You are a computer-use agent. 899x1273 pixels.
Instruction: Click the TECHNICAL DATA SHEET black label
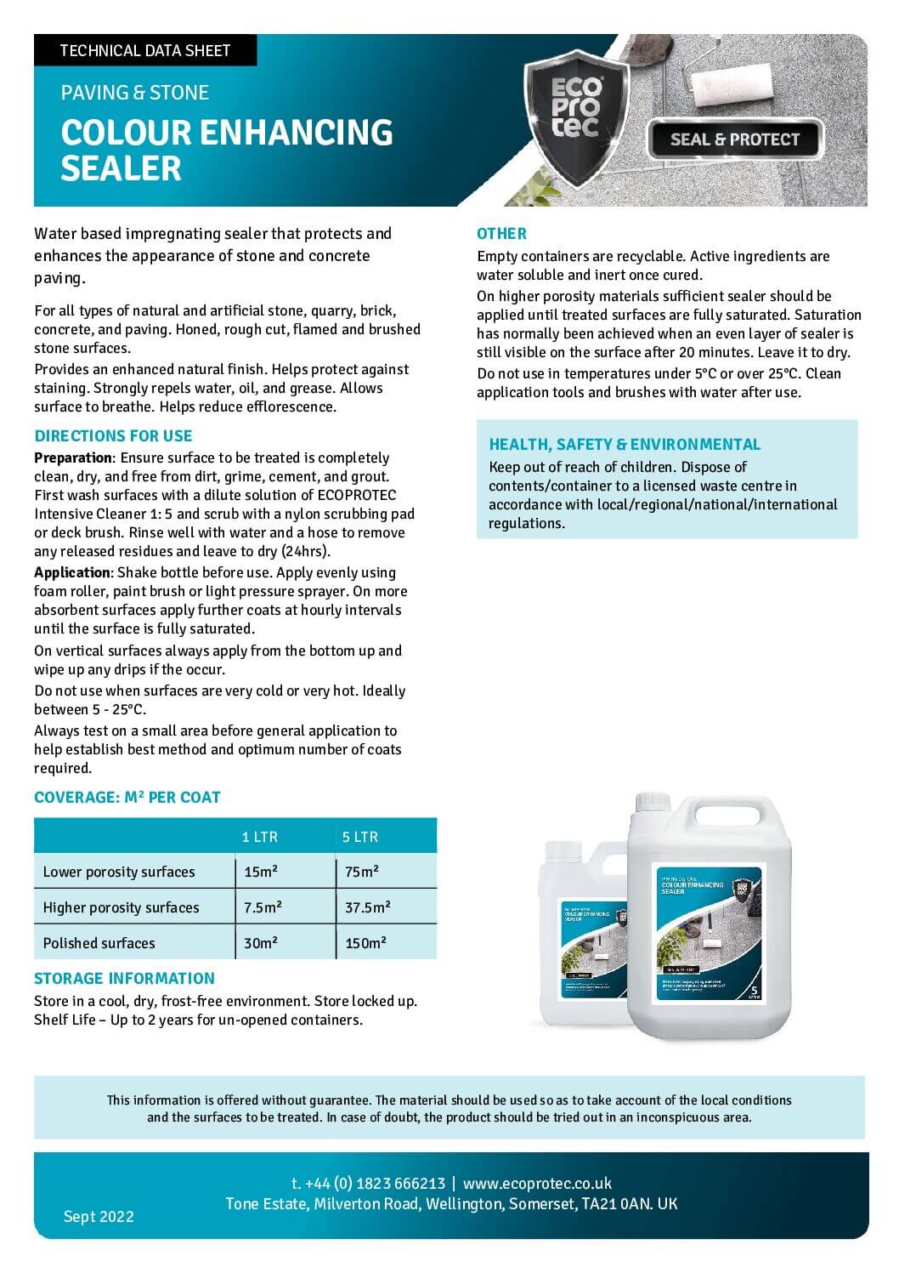(x=144, y=50)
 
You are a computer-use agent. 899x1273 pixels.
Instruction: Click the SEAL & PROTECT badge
(x=734, y=139)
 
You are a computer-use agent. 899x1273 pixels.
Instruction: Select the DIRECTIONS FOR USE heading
(x=113, y=436)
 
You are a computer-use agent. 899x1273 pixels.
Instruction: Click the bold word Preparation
(x=73, y=457)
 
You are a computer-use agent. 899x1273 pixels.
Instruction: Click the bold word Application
(x=72, y=572)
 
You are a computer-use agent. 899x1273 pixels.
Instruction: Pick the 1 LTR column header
(x=260, y=837)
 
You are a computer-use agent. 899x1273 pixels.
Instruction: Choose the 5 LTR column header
(x=360, y=837)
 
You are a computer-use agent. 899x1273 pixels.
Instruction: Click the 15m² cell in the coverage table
(x=262, y=872)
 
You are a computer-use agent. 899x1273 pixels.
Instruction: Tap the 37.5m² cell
(x=367, y=907)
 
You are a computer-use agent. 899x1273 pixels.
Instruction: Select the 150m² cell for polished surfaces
(x=365, y=943)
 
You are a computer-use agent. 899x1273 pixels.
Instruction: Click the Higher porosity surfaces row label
(x=121, y=907)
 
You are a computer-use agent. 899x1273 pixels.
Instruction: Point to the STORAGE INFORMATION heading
(x=124, y=978)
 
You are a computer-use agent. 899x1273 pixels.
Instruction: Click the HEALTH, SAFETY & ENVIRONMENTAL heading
(x=625, y=444)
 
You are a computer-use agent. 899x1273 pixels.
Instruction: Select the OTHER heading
(x=501, y=234)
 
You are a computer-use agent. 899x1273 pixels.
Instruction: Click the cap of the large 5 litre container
(x=653, y=803)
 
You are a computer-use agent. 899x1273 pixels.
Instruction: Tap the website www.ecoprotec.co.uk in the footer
(x=537, y=1184)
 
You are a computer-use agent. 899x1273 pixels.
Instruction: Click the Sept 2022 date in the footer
(x=99, y=1216)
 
